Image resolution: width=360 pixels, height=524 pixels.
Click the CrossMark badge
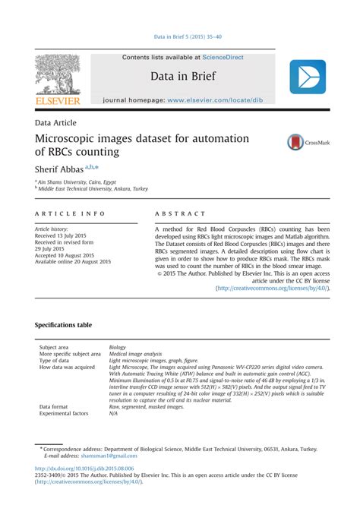pyautogui.click(x=308, y=142)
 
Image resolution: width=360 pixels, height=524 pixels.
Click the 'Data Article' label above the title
pyautogui.click(x=55, y=122)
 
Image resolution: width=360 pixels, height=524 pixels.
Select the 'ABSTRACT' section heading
pyautogui.click(x=180, y=215)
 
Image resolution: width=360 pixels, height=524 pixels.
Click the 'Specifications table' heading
pyautogui.click(x=64, y=325)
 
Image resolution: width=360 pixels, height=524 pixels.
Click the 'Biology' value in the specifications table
pyautogui.click(x=118, y=347)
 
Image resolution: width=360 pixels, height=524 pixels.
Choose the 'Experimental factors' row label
pyautogui.click(x=64, y=414)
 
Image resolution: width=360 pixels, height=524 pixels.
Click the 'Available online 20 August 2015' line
pyautogui.click(x=74, y=262)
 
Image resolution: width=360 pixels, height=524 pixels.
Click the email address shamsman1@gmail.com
pyautogui.click(x=112, y=456)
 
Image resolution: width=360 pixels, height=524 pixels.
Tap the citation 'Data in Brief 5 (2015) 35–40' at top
pyautogui.click(x=180, y=36)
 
